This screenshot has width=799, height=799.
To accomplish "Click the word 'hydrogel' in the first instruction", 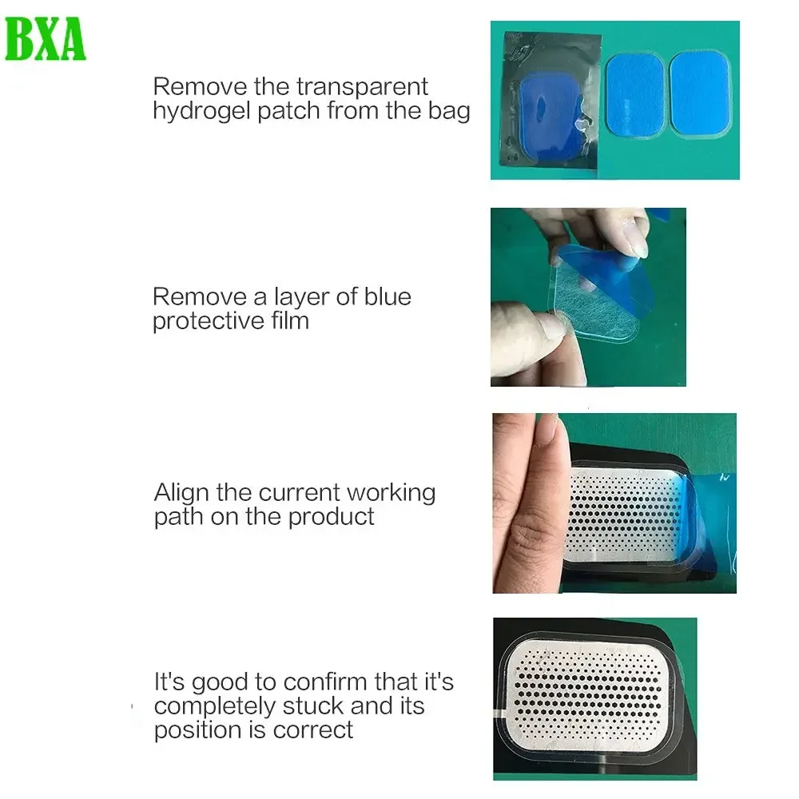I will coord(201,110).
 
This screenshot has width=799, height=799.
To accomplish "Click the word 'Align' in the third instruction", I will coord(181,492).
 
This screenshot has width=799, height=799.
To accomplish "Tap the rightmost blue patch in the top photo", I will coord(700,92).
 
